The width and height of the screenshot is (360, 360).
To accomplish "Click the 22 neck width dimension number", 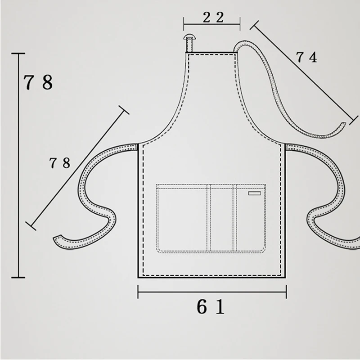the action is pyautogui.click(x=213, y=18).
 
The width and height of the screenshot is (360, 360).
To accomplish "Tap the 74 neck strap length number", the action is pyautogui.click(x=307, y=57).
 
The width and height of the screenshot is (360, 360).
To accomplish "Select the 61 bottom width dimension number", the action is pyautogui.click(x=211, y=307).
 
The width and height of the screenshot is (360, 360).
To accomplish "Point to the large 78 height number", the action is pyautogui.click(x=38, y=82).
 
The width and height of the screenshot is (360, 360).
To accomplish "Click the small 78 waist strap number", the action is pyautogui.click(x=60, y=163).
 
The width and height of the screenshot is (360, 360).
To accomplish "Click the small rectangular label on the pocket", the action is pyautogui.click(x=254, y=193).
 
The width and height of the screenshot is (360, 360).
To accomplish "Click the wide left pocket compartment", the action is pyautogui.click(x=183, y=219).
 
